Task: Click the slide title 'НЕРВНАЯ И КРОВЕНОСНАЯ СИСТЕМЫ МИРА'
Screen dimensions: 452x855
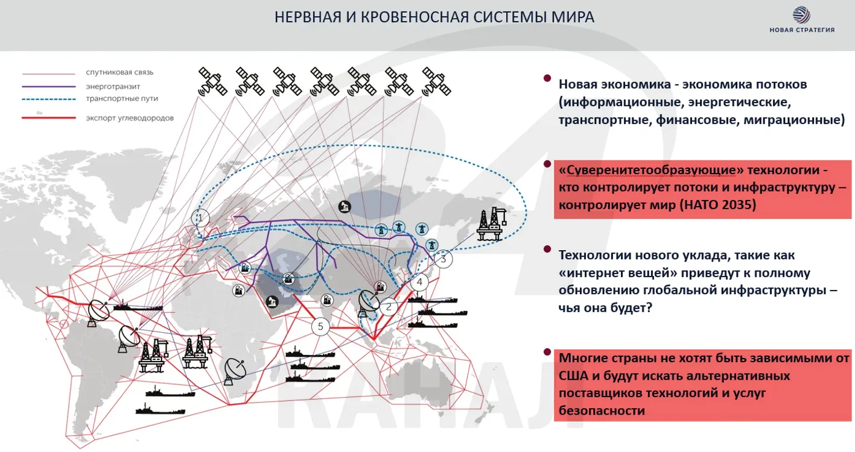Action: click(434, 17)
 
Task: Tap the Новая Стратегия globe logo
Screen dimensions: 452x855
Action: click(802, 15)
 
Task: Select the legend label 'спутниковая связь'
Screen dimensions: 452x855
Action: click(119, 72)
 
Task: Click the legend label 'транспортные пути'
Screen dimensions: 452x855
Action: click(122, 98)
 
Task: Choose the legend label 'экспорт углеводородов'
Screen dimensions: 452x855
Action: click(130, 118)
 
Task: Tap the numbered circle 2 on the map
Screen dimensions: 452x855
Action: click(389, 307)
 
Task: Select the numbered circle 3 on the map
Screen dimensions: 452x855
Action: click(443, 259)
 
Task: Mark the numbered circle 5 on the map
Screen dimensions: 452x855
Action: click(320, 327)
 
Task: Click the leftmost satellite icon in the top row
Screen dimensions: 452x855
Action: click(213, 81)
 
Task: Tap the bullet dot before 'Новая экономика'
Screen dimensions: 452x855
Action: click(547, 78)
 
